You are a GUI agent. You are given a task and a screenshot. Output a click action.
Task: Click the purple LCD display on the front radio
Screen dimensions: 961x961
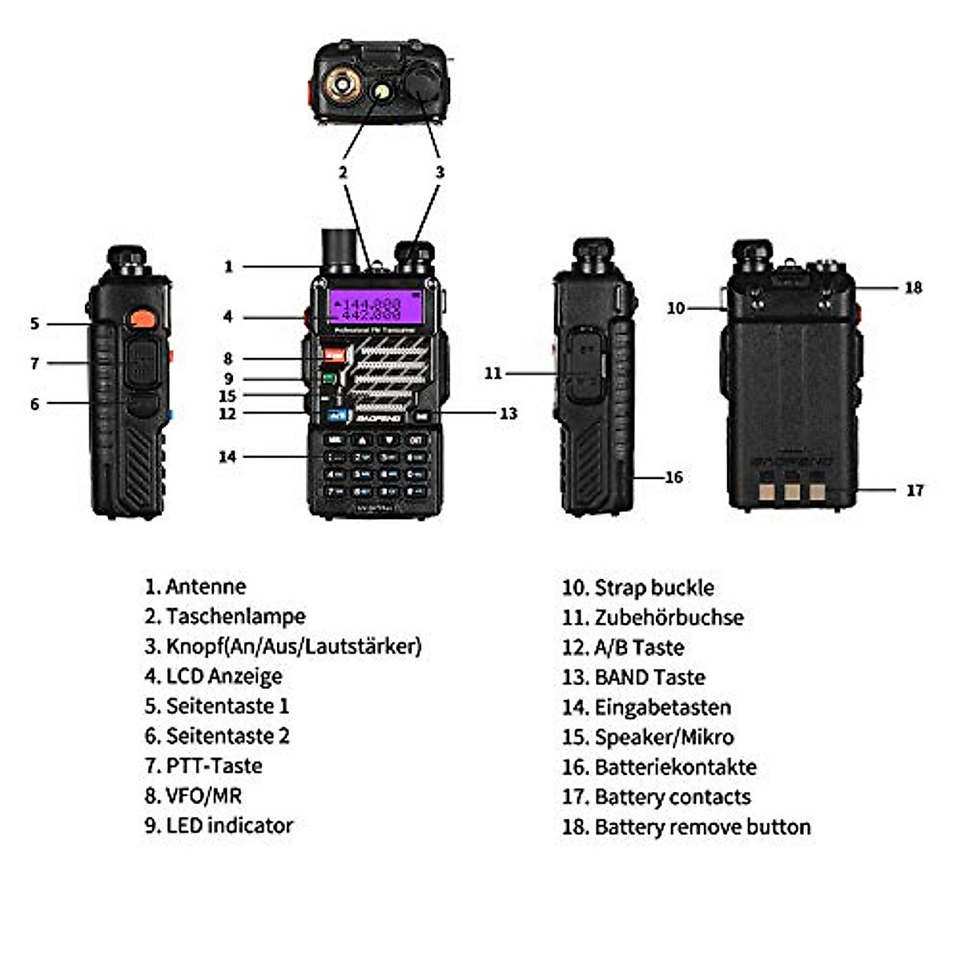tap(375, 308)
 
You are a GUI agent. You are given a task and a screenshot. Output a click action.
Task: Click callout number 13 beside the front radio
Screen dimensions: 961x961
tap(509, 413)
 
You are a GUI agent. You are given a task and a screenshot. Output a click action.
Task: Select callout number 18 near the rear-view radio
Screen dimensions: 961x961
tap(913, 287)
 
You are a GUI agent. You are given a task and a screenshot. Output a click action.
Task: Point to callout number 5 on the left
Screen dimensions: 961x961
tap(34, 324)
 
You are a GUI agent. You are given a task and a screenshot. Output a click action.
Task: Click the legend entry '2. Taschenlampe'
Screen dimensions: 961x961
tap(225, 617)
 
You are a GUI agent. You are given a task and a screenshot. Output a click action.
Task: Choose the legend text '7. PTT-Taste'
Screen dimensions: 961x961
tap(203, 766)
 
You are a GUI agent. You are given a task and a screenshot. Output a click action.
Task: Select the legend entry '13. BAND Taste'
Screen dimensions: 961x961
tap(633, 678)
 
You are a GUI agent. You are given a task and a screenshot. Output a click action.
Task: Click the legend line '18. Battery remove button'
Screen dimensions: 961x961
tap(686, 826)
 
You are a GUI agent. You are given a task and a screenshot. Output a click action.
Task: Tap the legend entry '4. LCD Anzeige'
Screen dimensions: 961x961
tap(213, 676)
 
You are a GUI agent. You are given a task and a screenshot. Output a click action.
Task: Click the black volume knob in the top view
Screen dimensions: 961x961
tap(421, 82)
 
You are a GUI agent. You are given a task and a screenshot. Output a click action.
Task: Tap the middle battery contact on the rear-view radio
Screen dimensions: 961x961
tap(791, 490)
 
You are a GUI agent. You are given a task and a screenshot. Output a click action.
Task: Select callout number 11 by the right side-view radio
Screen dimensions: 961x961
tap(493, 373)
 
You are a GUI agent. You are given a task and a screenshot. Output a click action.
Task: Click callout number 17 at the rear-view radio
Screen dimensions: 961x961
tap(915, 490)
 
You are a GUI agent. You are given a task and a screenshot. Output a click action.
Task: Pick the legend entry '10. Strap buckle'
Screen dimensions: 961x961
tap(637, 588)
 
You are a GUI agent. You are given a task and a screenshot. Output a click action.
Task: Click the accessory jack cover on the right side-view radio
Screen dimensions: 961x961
tap(583, 368)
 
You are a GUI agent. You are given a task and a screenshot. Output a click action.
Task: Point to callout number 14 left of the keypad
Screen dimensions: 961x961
tap(227, 456)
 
